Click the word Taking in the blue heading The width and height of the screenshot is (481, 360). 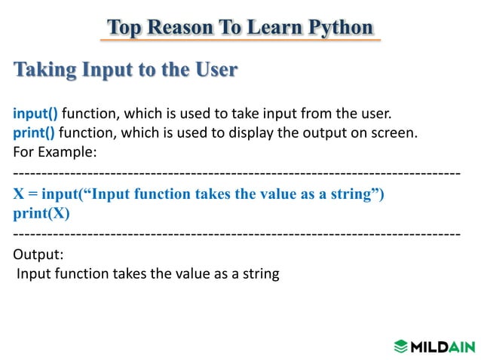44,71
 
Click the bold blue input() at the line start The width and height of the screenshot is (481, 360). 35,114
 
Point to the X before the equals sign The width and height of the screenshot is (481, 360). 19,194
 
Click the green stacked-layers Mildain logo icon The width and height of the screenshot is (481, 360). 400,346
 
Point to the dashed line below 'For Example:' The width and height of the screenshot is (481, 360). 237,174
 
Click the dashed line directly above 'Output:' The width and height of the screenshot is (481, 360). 237,234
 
